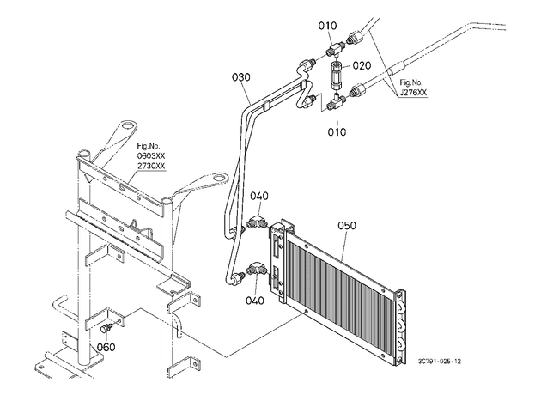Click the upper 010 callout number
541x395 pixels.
(327, 26)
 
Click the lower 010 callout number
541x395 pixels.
(337, 131)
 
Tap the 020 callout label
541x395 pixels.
(362, 65)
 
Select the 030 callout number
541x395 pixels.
(241, 77)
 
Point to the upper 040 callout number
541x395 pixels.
(259, 196)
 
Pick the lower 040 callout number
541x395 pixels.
(255, 301)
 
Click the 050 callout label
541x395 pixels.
(347, 226)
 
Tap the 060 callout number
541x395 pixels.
(106, 347)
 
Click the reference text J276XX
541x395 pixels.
(413, 93)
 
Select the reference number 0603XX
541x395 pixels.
(151, 155)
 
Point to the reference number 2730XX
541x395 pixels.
(151, 166)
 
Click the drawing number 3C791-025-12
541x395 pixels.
(439, 362)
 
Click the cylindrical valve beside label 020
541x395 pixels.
(336, 76)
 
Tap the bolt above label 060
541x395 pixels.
(106, 328)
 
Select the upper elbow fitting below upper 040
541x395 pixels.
(255, 222)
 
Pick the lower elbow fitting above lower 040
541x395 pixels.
(255, 269)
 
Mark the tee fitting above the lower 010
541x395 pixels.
(335, 102)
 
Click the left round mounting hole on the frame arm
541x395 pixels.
(127, 125)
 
